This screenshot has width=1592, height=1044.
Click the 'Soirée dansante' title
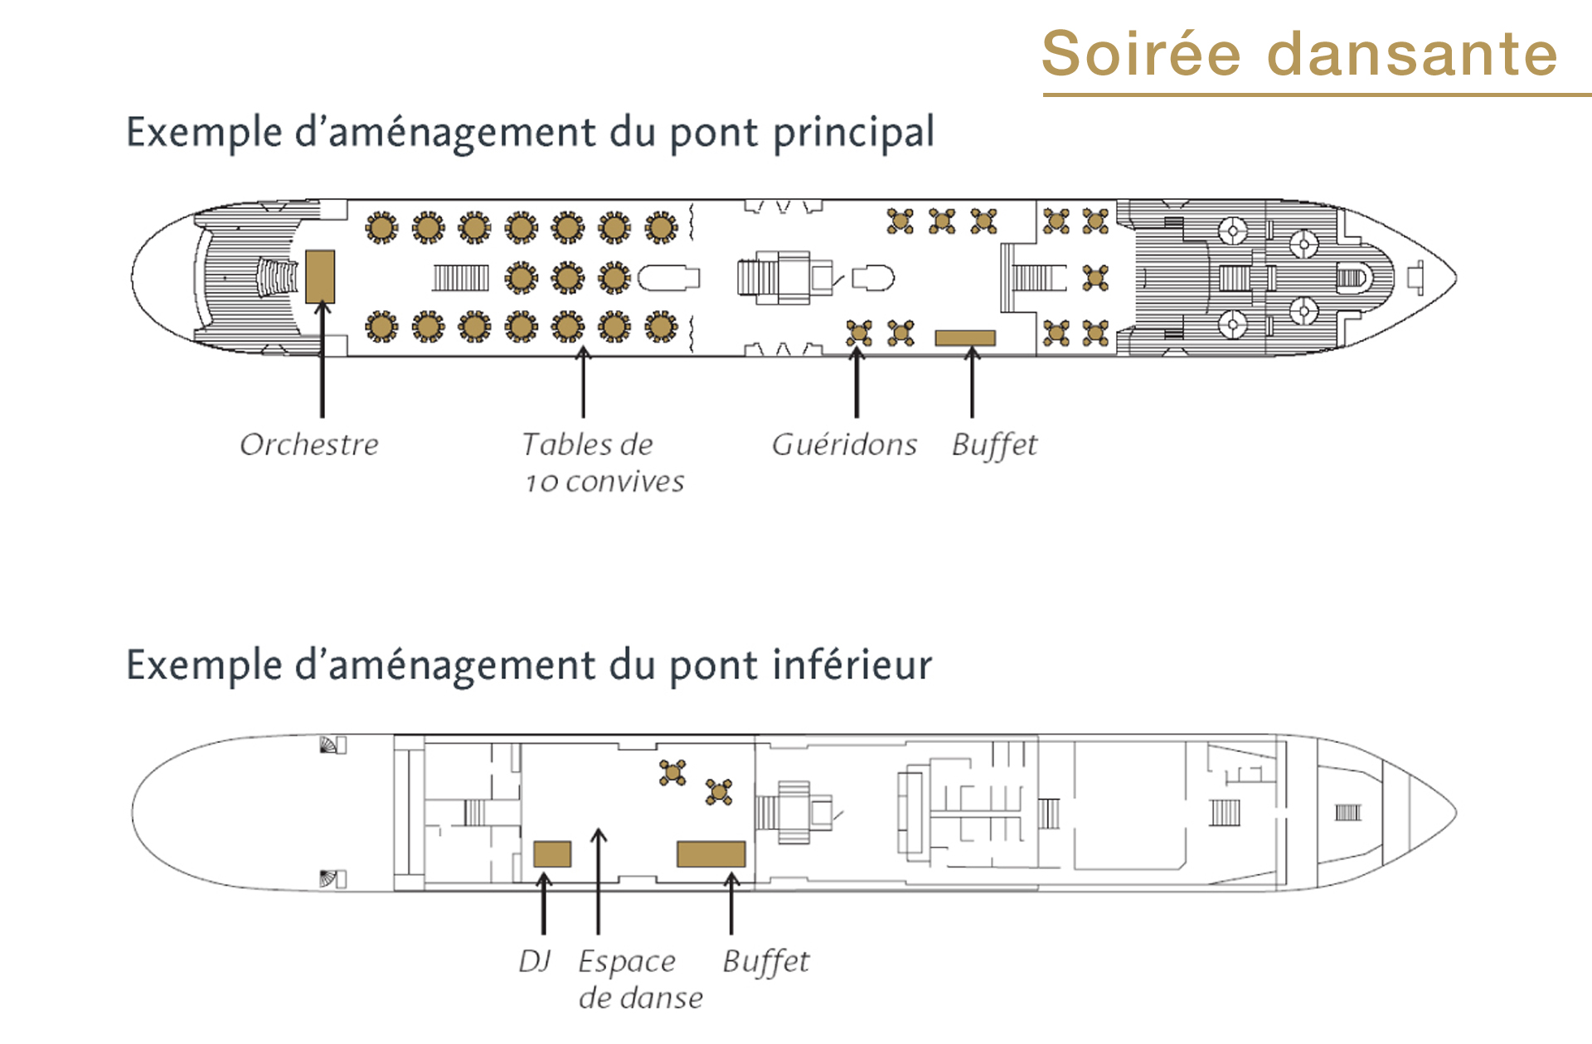point(1299,53)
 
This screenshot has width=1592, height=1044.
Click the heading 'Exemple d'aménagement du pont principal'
point(531,133)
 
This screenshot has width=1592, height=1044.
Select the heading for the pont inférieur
point(529,666)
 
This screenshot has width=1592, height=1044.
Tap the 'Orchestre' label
point(309,444)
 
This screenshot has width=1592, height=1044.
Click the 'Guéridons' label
point(844,444)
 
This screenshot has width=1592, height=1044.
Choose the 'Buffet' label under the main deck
point(994,445)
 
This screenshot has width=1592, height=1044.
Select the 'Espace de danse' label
point(640,979)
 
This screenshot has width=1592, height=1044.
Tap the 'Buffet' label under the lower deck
point(766,962)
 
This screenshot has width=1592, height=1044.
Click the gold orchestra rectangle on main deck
point(320,276)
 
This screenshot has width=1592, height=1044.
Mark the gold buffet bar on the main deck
point(965,337)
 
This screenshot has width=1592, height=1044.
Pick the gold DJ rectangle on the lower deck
point(552,854)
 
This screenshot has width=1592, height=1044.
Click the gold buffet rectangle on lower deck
point(711,854)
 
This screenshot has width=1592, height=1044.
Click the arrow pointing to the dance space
point(599,881)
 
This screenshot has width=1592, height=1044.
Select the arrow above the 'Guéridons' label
point(857,381)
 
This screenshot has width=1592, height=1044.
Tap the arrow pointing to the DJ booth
point(544,902)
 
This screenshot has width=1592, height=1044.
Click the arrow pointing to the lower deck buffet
point(731,902)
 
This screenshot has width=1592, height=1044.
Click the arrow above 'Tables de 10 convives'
point(584,381)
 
